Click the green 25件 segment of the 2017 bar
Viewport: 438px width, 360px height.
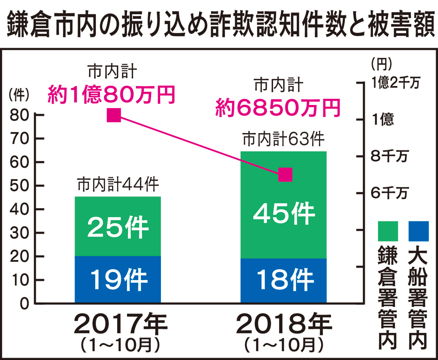(118, 226)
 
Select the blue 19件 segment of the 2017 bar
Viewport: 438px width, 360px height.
(118, 279)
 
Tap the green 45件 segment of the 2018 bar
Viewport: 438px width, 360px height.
(283, 205)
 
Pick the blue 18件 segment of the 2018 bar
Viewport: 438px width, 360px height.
(283, 280)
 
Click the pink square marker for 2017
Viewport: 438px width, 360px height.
(114, 115)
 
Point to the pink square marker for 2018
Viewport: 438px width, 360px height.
(285, 175)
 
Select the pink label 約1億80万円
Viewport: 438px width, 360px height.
(111, 95)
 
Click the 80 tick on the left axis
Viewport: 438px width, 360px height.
(21, 115)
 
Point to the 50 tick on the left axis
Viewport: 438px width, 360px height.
(21, 186)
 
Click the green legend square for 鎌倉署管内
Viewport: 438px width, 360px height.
(388, 231)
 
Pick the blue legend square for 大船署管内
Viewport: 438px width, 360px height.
(418, 231)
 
